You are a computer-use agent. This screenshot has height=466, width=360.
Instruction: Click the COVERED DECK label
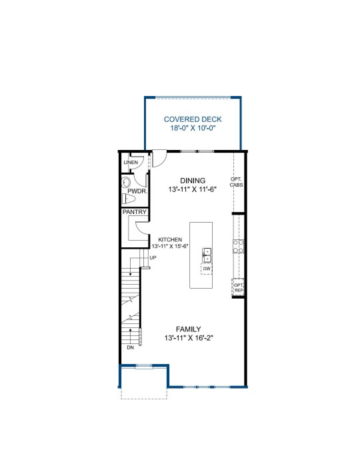click(x=193, y=119)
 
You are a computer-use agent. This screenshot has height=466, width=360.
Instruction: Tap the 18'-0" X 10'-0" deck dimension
click(x=193, y=129)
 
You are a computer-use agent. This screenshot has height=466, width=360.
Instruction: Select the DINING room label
click(x=193, y=181)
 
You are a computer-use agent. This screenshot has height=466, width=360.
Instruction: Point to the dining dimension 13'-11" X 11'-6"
click(x=193, y=189)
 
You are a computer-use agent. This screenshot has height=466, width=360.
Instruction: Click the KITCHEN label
click(x=170, y=239)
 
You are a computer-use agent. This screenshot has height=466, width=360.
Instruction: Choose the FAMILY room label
click(x=189, y=329)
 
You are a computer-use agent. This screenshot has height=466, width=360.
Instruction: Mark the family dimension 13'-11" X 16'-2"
click(x=189, y=338)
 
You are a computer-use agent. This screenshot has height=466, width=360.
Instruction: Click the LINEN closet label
click(x=131, y=162)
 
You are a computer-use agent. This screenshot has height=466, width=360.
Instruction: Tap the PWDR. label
click(x=137, y=191)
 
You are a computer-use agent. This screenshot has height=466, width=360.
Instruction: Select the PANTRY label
click(x=135, y=212)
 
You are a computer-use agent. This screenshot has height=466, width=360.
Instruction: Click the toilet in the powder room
click(x=129, y=199)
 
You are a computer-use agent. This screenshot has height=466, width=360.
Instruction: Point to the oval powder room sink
click(x=126, y=182)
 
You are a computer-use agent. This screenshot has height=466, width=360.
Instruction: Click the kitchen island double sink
click(x=207, y=255)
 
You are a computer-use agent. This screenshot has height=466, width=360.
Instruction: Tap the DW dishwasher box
click(x=207, y=269)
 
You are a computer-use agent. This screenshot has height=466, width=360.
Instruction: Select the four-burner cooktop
click(x=239, y=247)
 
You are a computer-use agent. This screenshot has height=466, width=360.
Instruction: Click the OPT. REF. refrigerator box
click(x=238, y=287)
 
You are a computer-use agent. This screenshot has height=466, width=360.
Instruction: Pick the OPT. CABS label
click(x=237, y=182)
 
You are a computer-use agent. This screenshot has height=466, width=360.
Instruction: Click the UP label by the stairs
click(x=153, y=258)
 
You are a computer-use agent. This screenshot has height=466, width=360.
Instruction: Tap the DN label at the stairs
click(x=130, y=347)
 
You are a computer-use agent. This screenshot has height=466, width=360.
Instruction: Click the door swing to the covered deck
click(x=159, y=159)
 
